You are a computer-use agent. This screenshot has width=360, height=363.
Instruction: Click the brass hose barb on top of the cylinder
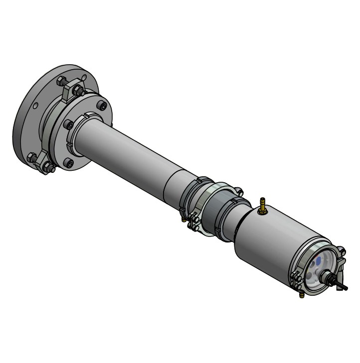click(262, 205)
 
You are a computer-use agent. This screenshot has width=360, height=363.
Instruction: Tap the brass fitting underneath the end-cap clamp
click(301, 295)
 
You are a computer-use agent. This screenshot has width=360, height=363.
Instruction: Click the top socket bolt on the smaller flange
click(102, 106)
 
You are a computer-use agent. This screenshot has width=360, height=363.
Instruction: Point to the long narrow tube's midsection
click(130, 149)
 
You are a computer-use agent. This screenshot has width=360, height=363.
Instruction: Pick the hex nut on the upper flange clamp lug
click(79, 91)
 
